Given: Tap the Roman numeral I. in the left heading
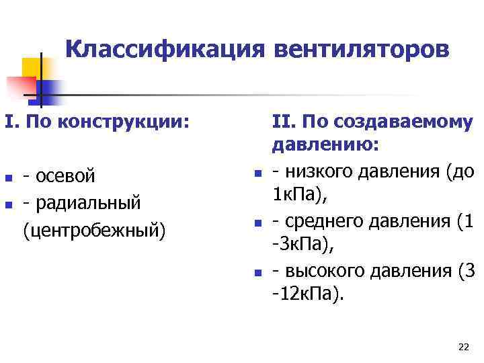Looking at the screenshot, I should tap(10, 122).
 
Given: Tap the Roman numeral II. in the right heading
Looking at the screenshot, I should tap(284, 122).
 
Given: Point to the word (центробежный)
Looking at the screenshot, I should tap(93, 229).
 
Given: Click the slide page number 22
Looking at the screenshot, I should tap(462, 347).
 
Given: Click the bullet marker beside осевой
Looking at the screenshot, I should tap(8, 179).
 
